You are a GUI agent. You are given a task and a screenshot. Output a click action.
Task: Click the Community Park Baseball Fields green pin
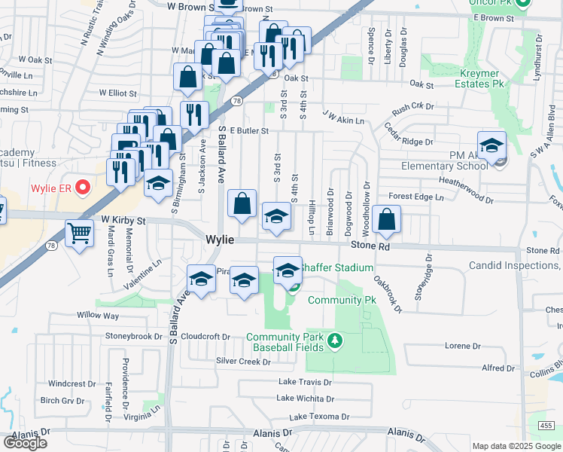(x=336, y=343)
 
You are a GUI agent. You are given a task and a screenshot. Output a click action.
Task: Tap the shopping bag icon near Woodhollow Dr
(x=386, y=220)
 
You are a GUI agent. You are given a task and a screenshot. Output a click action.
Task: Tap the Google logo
(x=25, y=442)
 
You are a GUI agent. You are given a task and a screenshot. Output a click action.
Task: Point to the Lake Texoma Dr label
(x=320, y=417)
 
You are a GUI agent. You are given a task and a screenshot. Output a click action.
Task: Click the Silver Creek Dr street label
(x=243, y=362)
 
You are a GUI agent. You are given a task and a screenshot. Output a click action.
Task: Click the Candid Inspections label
(x=515, y=265)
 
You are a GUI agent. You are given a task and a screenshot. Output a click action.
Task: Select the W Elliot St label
(x=118, y=94)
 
